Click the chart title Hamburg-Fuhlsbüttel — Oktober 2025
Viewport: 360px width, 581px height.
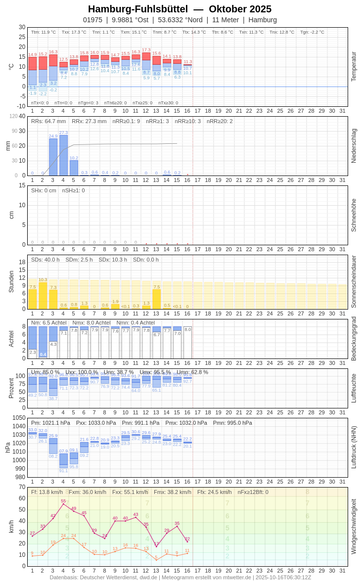pos(180,9)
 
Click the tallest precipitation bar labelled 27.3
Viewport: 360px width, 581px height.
pos(63,155)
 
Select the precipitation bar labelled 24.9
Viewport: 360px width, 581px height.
pos(53,157)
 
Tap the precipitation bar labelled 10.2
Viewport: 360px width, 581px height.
pos(74,168)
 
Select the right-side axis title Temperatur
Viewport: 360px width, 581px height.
pos(354,67)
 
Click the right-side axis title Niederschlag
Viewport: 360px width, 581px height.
pos(354,146)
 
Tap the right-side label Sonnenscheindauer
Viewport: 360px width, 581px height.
pos(354,282)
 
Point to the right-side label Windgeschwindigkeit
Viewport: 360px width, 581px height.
pos(354,527)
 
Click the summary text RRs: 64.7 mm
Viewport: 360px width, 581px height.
pos(48,121)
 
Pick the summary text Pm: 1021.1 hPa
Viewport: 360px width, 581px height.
pos(50,423)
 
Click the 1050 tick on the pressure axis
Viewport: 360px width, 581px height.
pos(19,418)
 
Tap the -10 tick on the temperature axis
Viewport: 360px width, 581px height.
pos(21,106)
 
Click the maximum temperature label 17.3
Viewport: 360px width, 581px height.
pos(146,50)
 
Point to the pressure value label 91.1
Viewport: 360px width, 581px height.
pos(63,471)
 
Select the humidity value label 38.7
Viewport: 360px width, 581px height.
pos(53,399)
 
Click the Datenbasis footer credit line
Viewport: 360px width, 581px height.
pos(180,577)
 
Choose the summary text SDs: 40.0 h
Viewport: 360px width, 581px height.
pos(45,260)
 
